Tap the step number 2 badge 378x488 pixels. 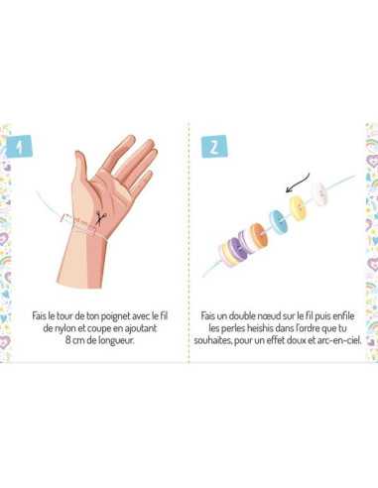[x=212, y=146]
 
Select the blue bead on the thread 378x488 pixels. [x=274, y=213]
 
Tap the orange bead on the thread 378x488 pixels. [x=259, y=236]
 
